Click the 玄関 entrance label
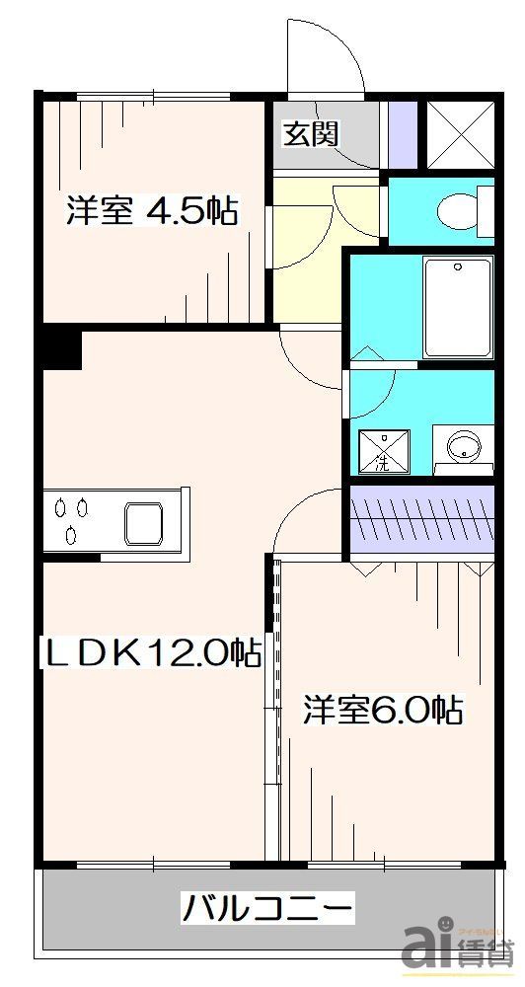(x=312, y=133)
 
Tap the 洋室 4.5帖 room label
(x=153, y=211)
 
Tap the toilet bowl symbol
(x=458, y=210)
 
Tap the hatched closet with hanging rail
(x=422, y=520)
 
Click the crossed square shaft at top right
(x=459, y=132)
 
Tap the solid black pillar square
(x=62, y=349)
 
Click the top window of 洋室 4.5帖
(x=153, y=97)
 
